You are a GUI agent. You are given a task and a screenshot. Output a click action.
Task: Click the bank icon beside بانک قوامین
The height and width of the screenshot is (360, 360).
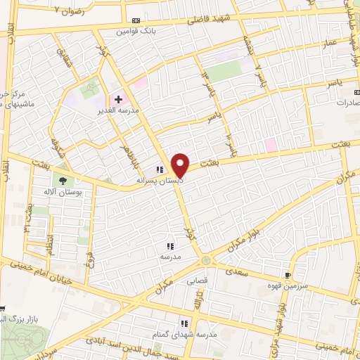[136, 21]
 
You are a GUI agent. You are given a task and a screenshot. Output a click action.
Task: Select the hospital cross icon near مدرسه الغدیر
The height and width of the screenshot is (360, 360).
[118, 100]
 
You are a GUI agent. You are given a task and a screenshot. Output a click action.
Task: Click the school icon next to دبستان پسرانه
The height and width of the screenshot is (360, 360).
[160, 169]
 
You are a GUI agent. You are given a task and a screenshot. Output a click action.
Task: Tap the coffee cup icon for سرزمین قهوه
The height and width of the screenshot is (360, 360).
[287, 275]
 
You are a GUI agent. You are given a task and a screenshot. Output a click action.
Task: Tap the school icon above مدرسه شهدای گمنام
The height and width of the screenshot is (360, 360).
[184, 323]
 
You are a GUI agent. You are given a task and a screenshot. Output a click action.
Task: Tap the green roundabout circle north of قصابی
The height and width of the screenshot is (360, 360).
[205, 261]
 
